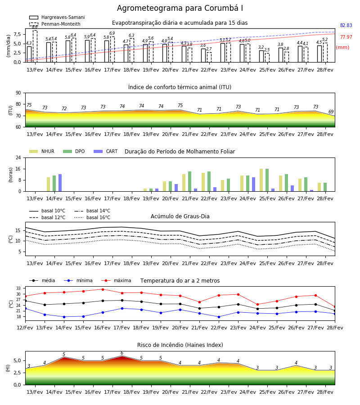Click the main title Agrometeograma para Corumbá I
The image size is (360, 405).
pyautogui.click(x=180, y=8)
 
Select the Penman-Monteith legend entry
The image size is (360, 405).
pyautogui.click(x=55, y=24)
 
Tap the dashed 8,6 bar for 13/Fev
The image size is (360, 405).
pyautogui.click(x=35, y=46)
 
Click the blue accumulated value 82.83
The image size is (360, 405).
pyautogui.click(x=346, y=25)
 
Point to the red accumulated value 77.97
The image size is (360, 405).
pyautogui.click(x=346, y=37)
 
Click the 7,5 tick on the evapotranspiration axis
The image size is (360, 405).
pyautogui.click(x=17, y=34)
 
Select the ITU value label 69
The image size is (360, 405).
pyautogui.click(x=331, y=112)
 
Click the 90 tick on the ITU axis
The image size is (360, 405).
pyautogui.click(x=18, y=93)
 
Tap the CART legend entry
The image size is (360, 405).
pyautogui.click(x=105, y=151)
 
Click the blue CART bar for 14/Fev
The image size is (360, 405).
pyautogui.click(x=60, y=183)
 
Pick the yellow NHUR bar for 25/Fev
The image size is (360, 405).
pyautogui.click(x=261, y=180)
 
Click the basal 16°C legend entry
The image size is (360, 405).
pyautogui.click(x=92, y=217)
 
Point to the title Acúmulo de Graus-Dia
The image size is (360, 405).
pyautogui.click(x=180, y=216)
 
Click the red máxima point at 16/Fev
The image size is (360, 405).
pyautogui.click(x=103, y=289)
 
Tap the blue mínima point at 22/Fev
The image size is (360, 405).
pyautogui.click(x=219, y=317)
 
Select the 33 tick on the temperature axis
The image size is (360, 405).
pyautogui.click(x=18, y=288)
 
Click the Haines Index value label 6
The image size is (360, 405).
pyautogui.click(x=122, y=353)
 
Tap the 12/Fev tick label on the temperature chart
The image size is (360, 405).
pyautogui.click(x=25, y=328)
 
